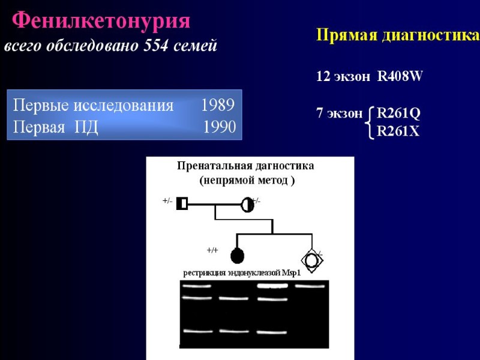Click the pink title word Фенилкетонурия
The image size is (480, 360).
click(101, 22)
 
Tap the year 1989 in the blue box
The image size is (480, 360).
click(218, 106)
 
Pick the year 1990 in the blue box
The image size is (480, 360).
click(219, 127)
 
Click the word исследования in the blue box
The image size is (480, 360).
click(123, 106)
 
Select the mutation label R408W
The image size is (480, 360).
click(400, 77)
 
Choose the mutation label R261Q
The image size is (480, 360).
click(398, 113)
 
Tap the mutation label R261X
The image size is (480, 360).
click(398, 131)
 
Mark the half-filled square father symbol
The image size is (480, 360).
click(182, 204)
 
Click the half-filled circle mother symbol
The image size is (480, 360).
click(247, 205)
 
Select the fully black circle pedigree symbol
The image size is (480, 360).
click(237, 256)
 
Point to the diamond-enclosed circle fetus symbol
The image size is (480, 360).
click(311, 260)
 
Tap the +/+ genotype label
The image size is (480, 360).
click(212, 250)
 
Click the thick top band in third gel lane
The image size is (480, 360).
click(271, 286)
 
